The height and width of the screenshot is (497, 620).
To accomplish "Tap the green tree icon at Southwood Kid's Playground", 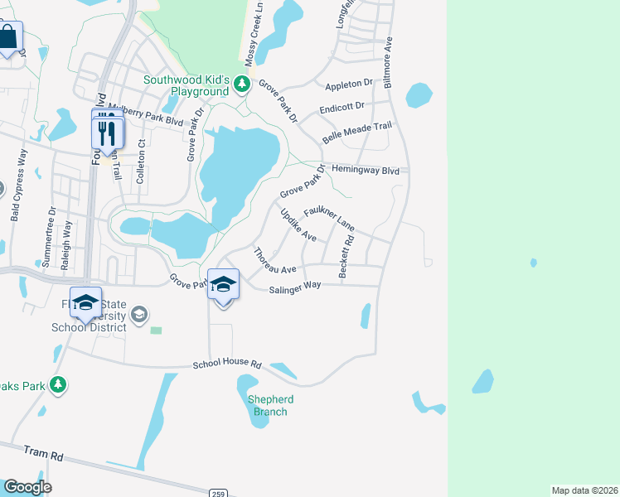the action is coord(242,84).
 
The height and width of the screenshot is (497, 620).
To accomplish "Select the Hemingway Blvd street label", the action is coord(366,170).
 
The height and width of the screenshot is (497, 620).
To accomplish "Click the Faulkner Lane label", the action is coord(329,220).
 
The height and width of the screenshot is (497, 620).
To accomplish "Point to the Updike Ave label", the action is coord(298,224).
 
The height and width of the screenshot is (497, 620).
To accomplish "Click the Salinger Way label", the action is coord(294,287).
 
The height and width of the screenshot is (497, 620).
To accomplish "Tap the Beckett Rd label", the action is coord(346,257).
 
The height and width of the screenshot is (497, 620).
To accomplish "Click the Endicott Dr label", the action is coord(342,109).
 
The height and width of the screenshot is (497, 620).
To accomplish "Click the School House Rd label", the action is coord(227,364).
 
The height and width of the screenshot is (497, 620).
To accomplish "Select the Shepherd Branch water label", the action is coord(271,405).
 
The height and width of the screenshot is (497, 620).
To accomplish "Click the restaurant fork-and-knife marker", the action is coord(108,133).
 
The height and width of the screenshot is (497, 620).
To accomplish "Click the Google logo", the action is coord(27,487).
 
